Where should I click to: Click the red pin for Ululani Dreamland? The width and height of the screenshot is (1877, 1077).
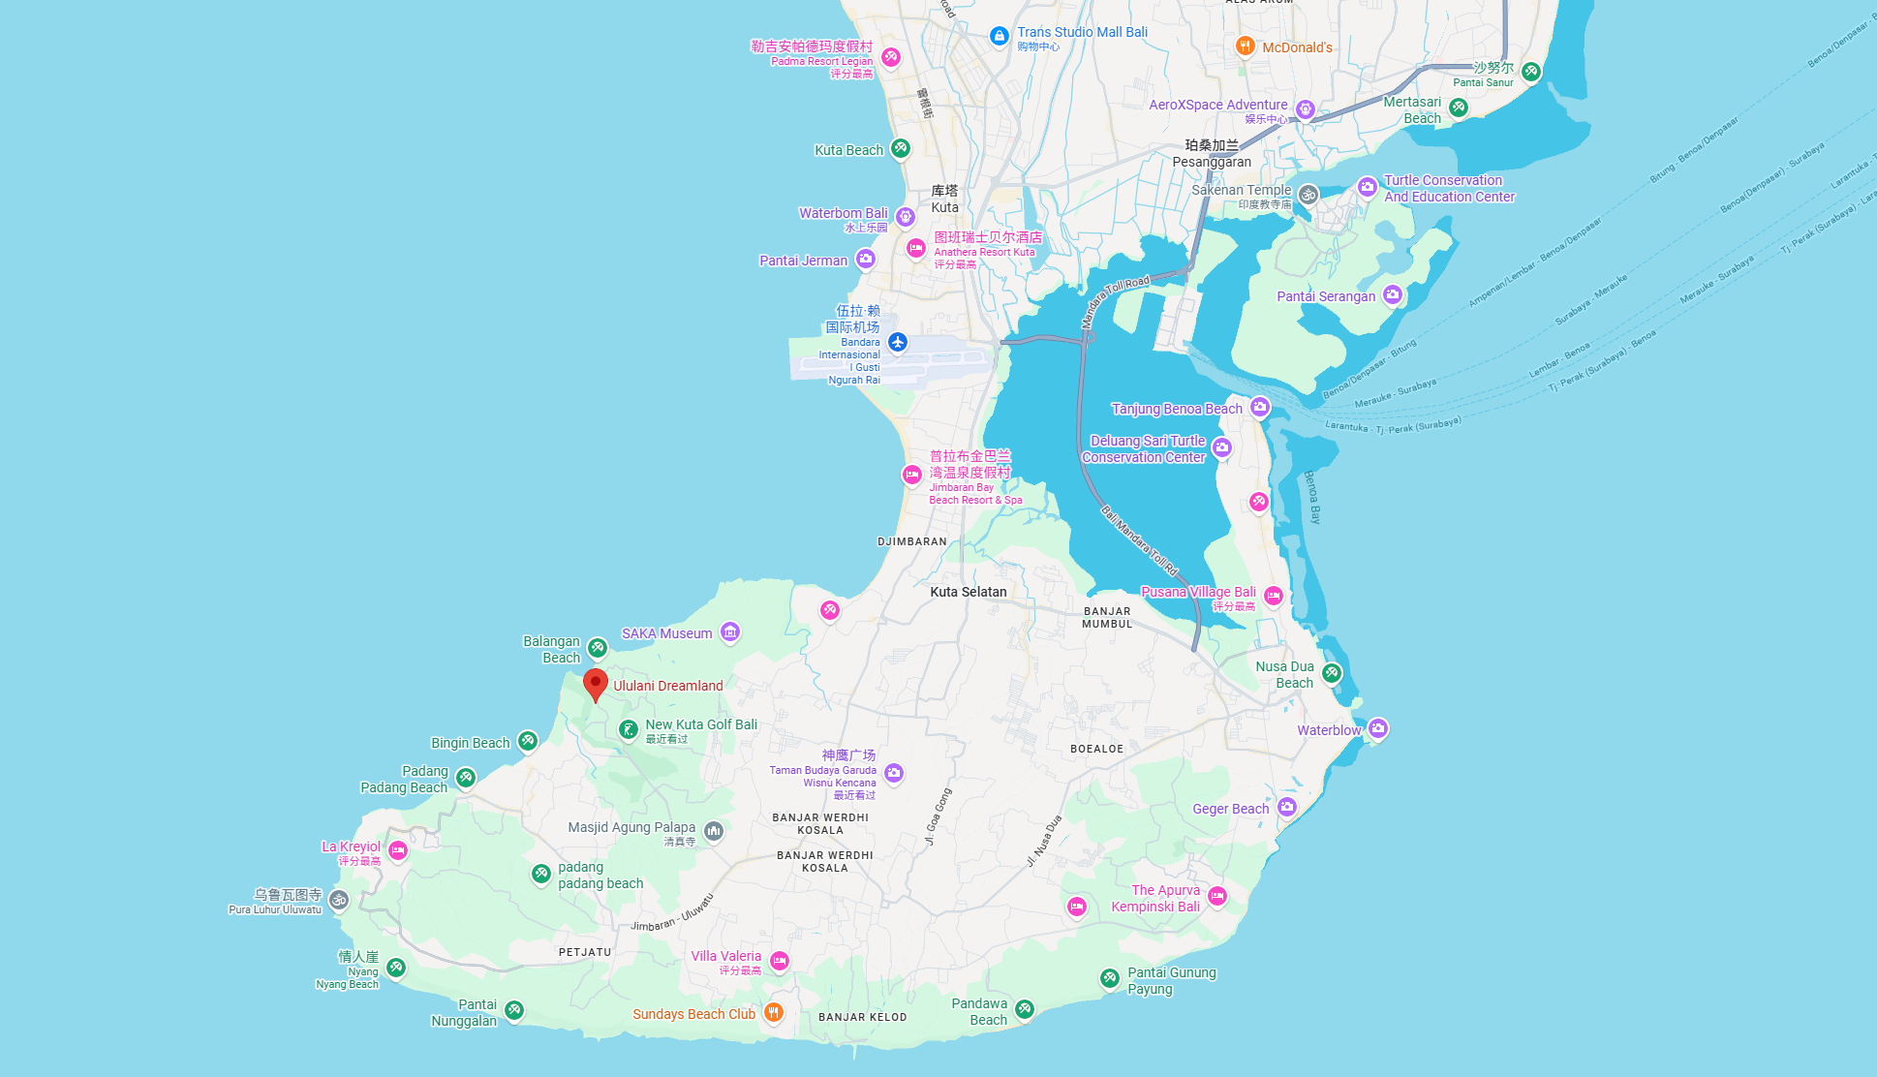(x=596, y=683)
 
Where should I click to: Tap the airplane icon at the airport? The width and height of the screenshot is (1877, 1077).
(x=898, y=342)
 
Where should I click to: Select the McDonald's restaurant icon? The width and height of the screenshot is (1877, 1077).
(x=1246, y=46)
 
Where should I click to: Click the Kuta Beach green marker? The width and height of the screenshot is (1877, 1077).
(x=901, y=148)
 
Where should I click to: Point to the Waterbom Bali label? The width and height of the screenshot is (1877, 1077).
(x=843, y=213)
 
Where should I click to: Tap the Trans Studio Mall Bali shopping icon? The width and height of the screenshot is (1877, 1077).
(x=1000, y=36)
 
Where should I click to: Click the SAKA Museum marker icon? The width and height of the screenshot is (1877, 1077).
(x=730, y=632)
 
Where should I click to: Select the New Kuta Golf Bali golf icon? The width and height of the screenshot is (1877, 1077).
(x=629, y=728)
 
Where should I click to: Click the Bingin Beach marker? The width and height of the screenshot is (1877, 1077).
(x=528, y=741)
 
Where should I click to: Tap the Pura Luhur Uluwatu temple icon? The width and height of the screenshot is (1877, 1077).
(x=339, y=900)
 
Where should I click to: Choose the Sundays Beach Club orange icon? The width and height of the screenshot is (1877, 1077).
(x=773, y=1012)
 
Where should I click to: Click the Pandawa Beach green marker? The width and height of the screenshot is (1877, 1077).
(x=1025, y=1009)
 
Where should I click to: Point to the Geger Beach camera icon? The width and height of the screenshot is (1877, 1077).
(x=1287, y=806)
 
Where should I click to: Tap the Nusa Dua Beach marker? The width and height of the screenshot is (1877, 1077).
(x=1333, y=672)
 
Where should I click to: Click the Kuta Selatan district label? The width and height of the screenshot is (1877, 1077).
(x=968, y=592)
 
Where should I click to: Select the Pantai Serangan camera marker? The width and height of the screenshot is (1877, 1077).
(x=1393, y=294)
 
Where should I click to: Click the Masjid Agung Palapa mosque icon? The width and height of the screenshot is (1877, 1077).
(x=714, y=830)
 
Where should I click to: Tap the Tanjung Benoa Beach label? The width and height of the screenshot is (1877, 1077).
(x=1176, y=409)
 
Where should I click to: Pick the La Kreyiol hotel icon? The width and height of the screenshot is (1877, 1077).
(x=398, y=850)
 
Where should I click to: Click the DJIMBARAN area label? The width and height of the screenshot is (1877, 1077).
(x=911, y=541)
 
